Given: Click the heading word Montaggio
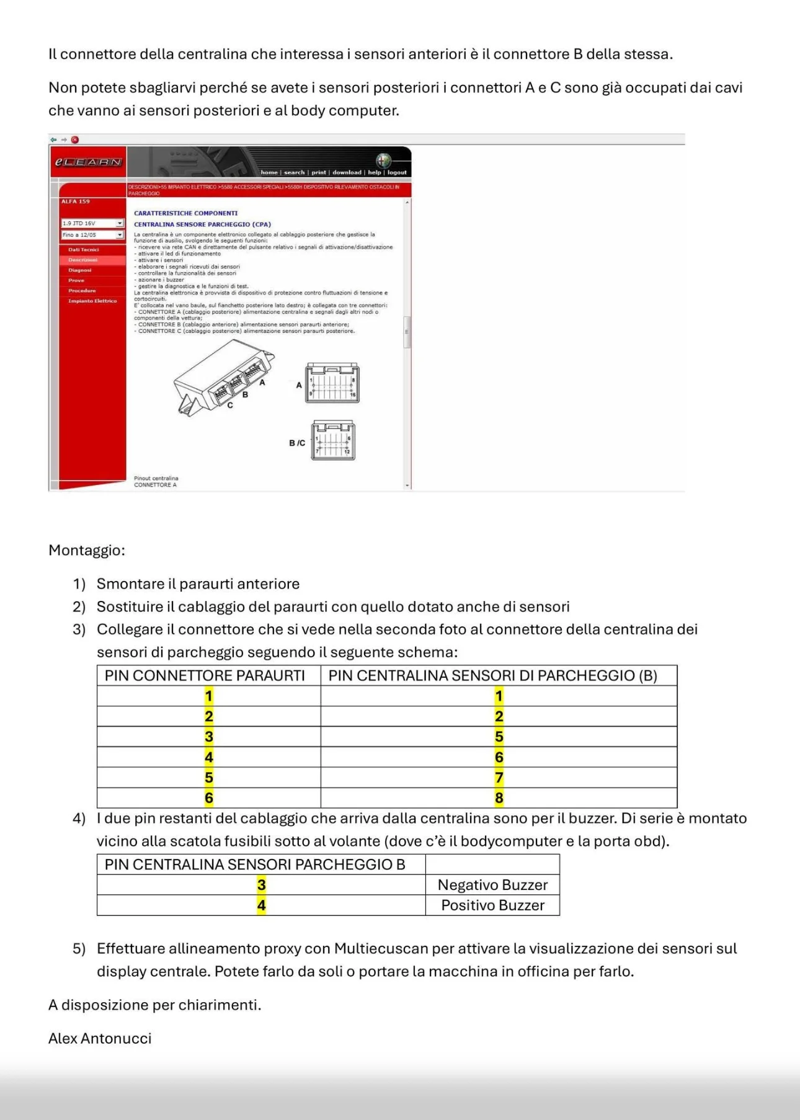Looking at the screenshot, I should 86,550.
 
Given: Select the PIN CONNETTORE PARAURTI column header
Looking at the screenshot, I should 205,675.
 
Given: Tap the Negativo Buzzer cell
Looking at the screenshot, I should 492,885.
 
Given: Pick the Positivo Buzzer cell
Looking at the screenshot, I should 492,905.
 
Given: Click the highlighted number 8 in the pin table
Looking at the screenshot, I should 499,798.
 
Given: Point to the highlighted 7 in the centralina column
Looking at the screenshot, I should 499,778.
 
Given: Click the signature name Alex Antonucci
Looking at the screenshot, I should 100,1038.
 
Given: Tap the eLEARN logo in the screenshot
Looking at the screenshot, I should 88,162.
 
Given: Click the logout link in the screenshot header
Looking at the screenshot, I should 397,172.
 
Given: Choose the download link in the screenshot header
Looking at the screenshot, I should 347,172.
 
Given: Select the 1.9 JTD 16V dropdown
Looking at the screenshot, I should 92,223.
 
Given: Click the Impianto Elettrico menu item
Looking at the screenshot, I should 92,301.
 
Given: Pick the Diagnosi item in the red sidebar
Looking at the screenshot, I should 79,270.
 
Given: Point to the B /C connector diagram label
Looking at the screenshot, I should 297,443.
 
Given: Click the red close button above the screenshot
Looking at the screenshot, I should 75,140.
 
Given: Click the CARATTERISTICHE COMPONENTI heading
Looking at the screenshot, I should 185,213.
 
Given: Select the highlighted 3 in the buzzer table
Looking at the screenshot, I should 261,885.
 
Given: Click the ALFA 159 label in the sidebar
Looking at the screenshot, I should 76,202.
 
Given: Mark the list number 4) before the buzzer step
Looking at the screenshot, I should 79,818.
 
